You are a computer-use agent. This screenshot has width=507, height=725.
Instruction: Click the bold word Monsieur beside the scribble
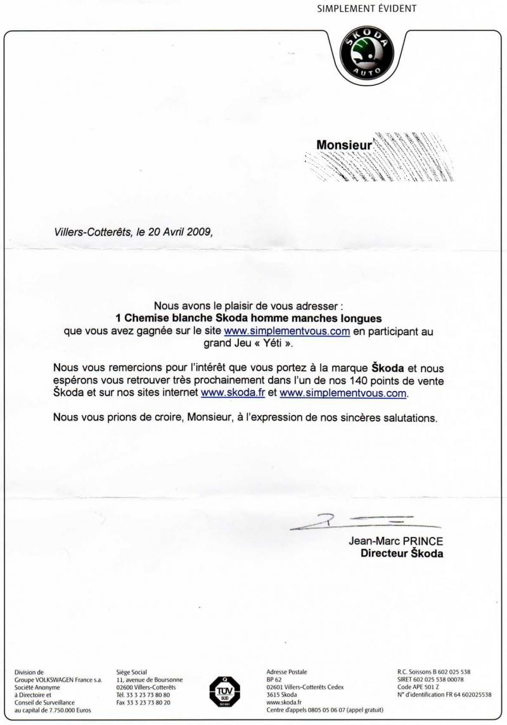[x=342, y=145]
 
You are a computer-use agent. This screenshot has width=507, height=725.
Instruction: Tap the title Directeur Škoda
[x=402, y=553]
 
